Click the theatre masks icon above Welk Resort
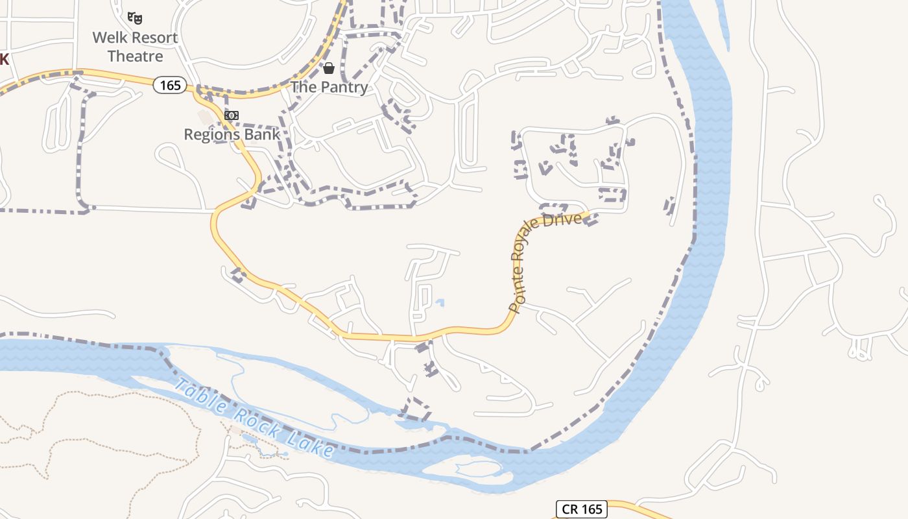[135, 18]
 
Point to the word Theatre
[135, 56]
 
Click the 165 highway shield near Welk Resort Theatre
[170, 84]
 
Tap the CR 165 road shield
[582, 509]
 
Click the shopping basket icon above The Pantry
[329, 68]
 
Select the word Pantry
[344, 87]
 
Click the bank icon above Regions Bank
[231, 115]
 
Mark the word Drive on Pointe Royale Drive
[564, 220]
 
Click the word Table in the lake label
[198, 397]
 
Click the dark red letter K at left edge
[3, 60]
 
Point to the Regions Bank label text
[232, 134]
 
